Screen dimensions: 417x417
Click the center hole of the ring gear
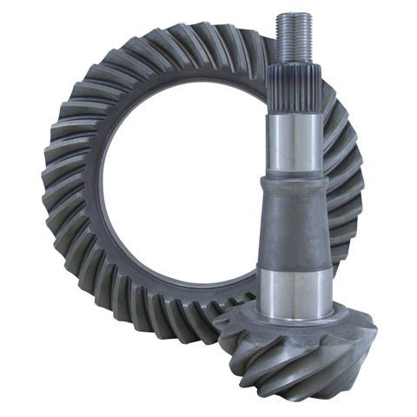(x=182, y=191)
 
